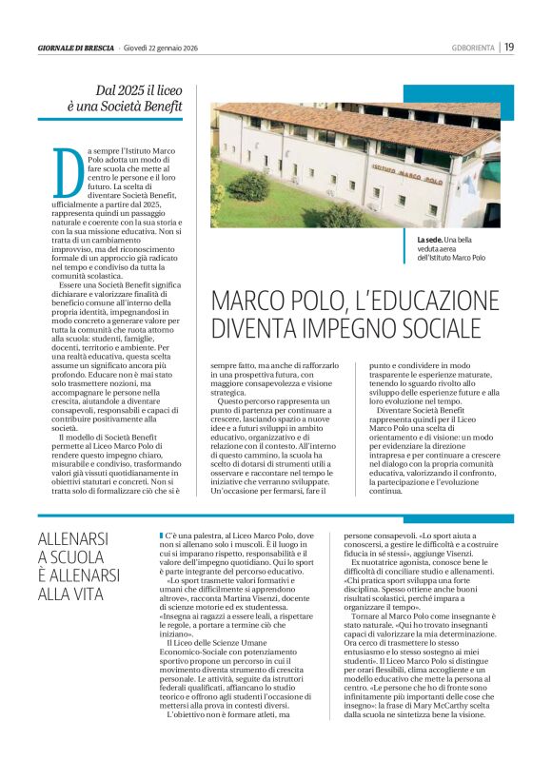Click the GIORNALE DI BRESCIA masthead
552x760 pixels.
click(x=76, y=48)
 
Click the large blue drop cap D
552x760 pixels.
click(x=63, y=172)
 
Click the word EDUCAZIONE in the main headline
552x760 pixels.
click(x=421, y=301)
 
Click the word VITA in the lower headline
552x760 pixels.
click(x=97, y=595)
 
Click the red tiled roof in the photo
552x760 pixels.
click(x=314, y=111)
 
